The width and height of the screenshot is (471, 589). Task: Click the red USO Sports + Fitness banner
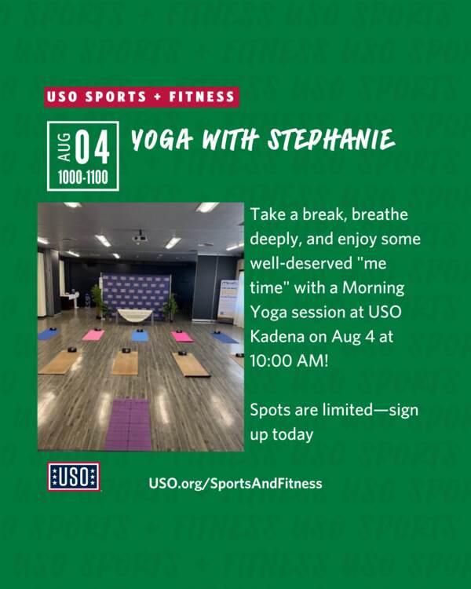pos(141,97)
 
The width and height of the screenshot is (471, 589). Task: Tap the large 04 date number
pos(93,147)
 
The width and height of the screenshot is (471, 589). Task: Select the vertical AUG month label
pos(64,147)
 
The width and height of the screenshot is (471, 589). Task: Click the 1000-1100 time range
pos(83,177)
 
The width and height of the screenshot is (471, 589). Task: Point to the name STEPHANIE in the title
pos(331,140)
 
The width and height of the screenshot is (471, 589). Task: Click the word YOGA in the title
pos(162,140)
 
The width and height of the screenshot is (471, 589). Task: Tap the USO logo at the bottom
pos(74,477)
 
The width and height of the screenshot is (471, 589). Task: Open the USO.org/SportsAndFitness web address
pos(235,483)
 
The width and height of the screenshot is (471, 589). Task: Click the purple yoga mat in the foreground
pos(129,425)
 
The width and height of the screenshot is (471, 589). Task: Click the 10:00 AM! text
pos(289,361)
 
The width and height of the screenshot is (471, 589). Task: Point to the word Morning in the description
pos(374,288)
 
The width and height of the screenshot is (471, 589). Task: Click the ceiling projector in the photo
pos(140,237)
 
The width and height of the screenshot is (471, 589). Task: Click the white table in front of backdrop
pos(135,316)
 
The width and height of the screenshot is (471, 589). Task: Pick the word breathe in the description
pos(380,214)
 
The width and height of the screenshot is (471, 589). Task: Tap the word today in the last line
pos(293,434)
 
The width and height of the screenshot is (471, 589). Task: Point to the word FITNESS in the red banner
pos(202,97)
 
